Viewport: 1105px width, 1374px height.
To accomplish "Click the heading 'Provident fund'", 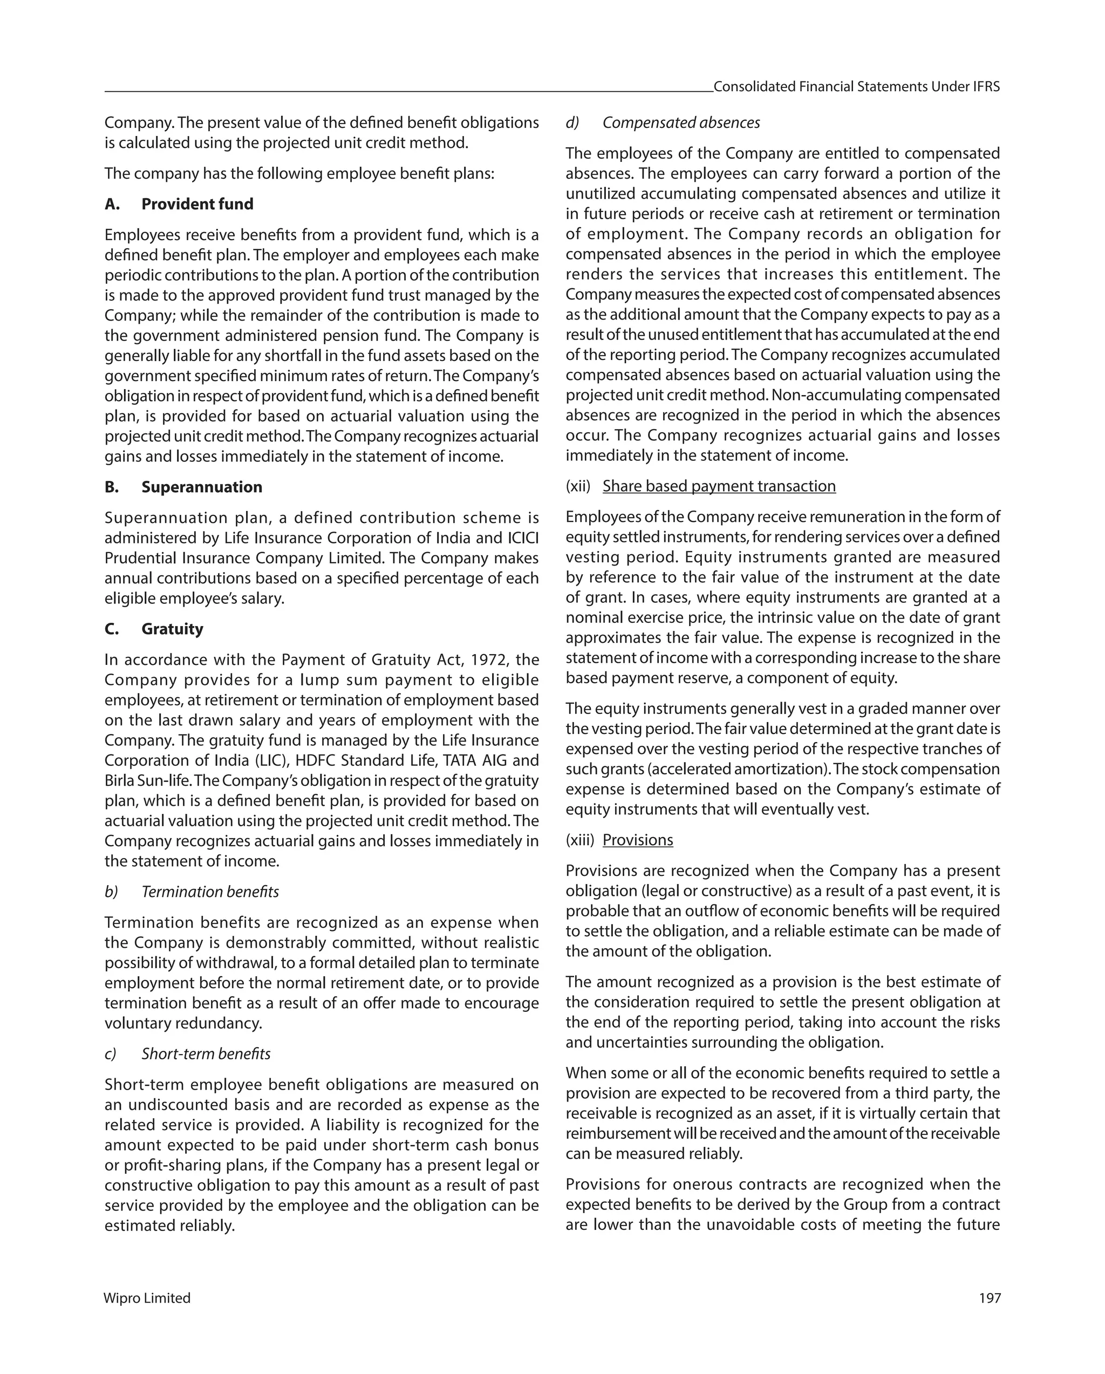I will point(197,204).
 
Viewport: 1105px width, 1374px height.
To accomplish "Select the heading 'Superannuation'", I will point(201,487).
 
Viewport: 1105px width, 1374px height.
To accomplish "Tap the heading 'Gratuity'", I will point(172,629).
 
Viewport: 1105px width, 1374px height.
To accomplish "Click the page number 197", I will point(990,1298).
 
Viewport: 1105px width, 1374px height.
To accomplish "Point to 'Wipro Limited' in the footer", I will point(147,1298).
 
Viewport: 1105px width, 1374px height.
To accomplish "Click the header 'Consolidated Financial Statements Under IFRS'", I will point(856,87).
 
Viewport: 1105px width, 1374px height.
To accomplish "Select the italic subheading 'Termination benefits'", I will point(210,892).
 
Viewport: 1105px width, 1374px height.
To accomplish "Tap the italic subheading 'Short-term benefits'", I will point(206,1053).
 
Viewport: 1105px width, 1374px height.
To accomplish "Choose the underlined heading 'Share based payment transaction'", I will point(719,486).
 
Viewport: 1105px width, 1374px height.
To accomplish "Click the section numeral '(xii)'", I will point(578,486).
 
